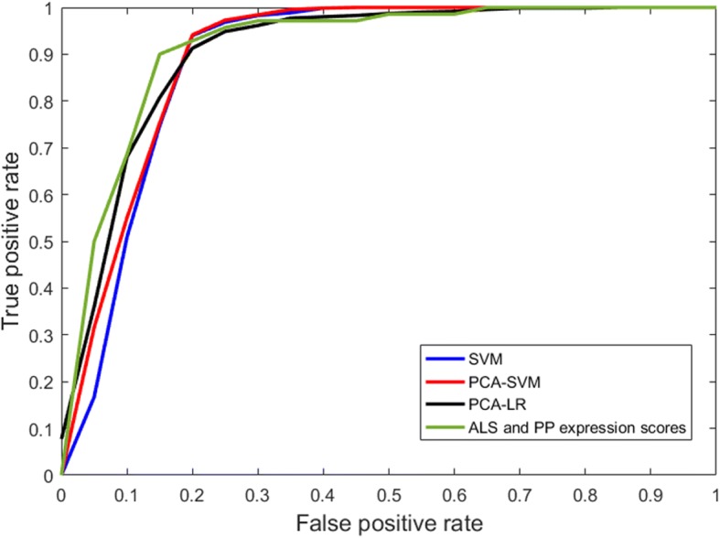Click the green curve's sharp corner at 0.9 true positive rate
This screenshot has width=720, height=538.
coord(160,54)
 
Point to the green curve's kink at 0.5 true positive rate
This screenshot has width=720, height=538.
coord(94,242)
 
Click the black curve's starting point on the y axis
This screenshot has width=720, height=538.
coord(62,438)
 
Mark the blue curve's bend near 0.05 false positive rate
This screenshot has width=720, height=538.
coord(94,397)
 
